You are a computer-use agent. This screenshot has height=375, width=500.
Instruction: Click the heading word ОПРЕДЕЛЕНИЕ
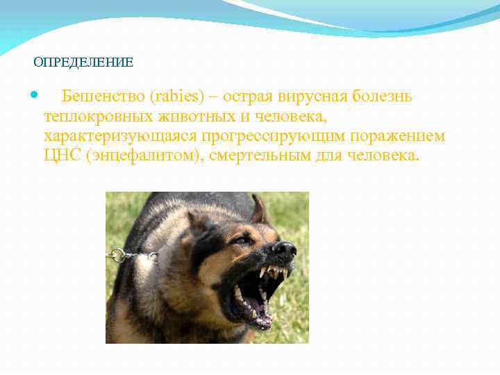tap(83, 62)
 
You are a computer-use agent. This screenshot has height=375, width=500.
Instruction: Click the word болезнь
tap(385, 96)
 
